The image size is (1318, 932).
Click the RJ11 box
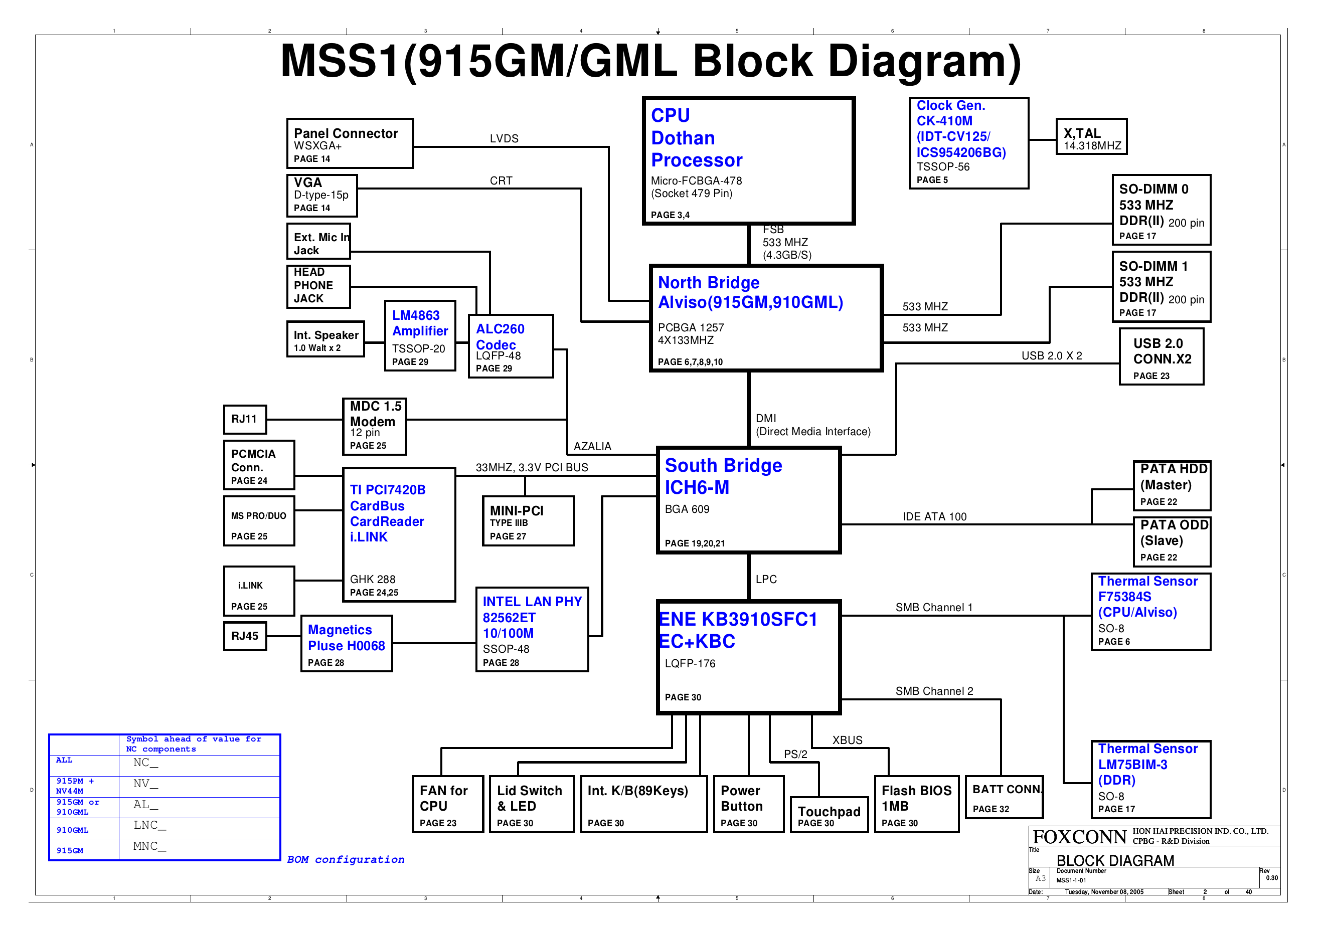click(245, 419)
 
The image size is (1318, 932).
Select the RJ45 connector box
click(245, 636)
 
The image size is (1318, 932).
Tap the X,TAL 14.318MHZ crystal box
click(1091, 136)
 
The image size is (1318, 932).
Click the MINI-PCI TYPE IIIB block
click(528, 521)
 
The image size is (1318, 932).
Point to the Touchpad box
click(829, 814)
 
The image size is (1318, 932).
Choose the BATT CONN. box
click(1005, 797)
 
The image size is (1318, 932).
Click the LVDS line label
click(504, 138)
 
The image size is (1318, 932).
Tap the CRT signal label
click(501, 181)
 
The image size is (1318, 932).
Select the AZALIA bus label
click(592, 446)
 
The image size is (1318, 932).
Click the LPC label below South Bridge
click(766, 579)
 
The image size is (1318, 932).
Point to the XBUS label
click(847, 740)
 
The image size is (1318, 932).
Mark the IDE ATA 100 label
click(934, 516)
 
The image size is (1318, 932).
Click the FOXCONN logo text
click(1079, 837)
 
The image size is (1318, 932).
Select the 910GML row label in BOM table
click(72, 830)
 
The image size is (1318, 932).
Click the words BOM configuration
click(346, 859)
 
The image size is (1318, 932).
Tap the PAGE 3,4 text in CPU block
click(670, 215)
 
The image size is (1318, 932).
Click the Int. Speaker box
click(325, 339)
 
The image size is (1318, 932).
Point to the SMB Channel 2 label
click(934, 691)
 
